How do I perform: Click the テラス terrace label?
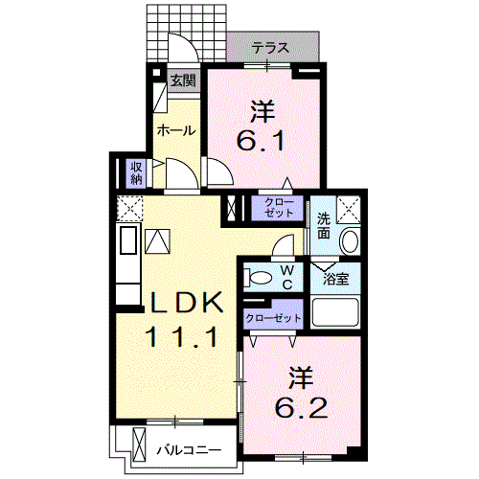(x=270, y=48)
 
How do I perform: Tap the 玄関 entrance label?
(x=183, y=80)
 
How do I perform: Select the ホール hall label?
(x=176, y=130)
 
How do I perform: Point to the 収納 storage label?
(x=136, y=172)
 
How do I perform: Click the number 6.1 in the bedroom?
(x=261, y=141)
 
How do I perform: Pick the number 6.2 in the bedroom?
(x=301, y=408)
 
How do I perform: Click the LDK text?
(x=187, y=303)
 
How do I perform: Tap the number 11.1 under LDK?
(x=182, y=337)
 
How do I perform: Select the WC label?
(x=287, y=277)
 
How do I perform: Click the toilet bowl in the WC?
(x=258, y=277)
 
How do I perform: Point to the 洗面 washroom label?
(x=323, y=226)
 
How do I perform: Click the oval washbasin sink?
(x=350, y=241)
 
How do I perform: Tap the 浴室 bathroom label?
(x=335, y=279)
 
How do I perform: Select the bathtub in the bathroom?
(x=335, y=312)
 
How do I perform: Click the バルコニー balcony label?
(x=189, y=450)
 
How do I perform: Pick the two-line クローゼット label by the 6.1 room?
(x=278, y=208)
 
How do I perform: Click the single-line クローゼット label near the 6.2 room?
(x=273, y=318)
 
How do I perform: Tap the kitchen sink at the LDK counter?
(x=128, y=239)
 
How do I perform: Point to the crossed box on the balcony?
(x=139, y=444)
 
